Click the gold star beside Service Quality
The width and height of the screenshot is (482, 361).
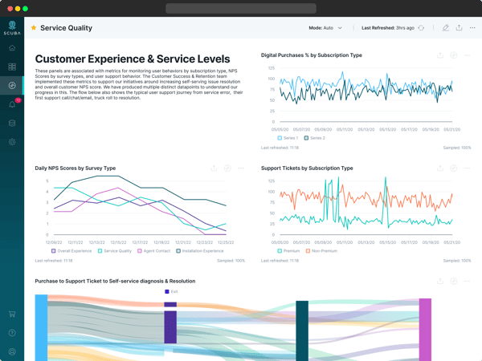[x=34, y=28]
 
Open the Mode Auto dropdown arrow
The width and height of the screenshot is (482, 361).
[x=340, y=28]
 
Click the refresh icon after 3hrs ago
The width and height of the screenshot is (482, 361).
[x=421, y=28]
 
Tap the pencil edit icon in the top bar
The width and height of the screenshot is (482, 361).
[x=445, y=28]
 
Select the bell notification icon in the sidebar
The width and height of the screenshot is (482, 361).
[x=12, y=104]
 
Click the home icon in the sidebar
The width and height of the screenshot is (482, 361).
[x=12, y=48]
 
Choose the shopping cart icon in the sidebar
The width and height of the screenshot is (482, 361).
[x=12, y=314]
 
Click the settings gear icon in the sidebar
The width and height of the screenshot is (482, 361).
[x=12, y=142]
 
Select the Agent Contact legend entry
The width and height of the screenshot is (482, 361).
[x=153, y=251]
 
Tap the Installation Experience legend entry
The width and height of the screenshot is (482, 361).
[x=202, y=251]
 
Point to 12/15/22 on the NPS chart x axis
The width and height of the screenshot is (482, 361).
[x=119, y=241]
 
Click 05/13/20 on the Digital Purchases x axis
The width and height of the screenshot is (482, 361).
[x=366, y=129]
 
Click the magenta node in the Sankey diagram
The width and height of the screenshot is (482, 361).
[x=425, y=329]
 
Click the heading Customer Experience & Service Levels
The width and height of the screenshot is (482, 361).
[x=133, y=59]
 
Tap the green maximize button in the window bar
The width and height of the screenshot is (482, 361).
[x=26, y=8]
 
